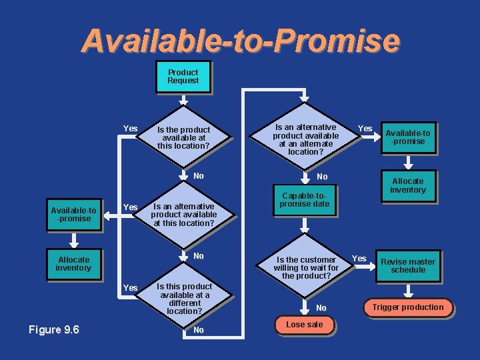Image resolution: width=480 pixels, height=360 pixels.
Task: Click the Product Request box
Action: point(183,77)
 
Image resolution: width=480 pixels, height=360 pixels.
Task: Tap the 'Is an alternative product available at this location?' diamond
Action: point(183,215)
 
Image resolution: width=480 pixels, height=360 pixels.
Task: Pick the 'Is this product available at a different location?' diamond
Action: point(184,299)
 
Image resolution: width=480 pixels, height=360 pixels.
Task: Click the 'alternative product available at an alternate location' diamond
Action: point(305,139)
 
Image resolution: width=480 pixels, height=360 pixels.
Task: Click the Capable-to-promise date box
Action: point(304,200)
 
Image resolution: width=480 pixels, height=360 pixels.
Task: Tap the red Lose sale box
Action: point(304,325)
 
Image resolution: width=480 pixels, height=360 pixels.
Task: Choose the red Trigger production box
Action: point(407,307)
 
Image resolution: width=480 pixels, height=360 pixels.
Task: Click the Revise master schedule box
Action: point(407,266)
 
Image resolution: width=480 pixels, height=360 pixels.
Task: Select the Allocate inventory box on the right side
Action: point(407,185)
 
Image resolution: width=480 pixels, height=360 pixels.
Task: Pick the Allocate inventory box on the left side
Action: point(73,264)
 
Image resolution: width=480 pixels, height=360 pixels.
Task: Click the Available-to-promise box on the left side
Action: point(73,215)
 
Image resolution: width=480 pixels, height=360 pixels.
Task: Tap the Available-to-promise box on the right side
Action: point(407,137)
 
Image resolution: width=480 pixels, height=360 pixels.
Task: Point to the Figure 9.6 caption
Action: point(54,329)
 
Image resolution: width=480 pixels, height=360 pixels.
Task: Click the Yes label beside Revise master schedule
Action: point(359,259)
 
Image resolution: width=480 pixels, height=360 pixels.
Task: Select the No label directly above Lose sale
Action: point(321,308)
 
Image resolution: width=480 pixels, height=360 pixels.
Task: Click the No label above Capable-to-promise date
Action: point(322,177)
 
